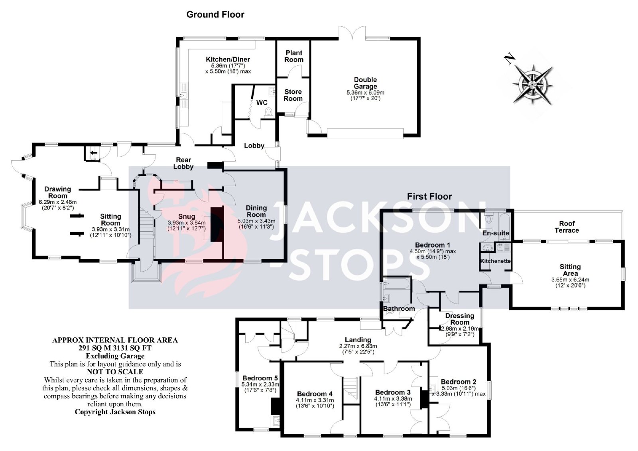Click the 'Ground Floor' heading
[215, 14]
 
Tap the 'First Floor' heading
[429, 196]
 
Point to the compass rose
[532, 84]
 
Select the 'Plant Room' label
[294, 56]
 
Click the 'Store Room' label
[293, 95]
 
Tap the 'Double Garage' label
[365, 83]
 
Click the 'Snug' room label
[187, 217]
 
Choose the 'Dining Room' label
[256, 211]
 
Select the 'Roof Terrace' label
[567, 227]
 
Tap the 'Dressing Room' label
[460, 319]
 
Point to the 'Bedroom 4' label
[315, 394]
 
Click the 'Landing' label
[358, 340]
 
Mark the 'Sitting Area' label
[570, 270]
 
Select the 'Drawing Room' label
[57, 192]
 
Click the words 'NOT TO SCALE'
[115, 372]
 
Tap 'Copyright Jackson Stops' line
[115, 412]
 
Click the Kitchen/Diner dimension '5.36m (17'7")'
[228, 65]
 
